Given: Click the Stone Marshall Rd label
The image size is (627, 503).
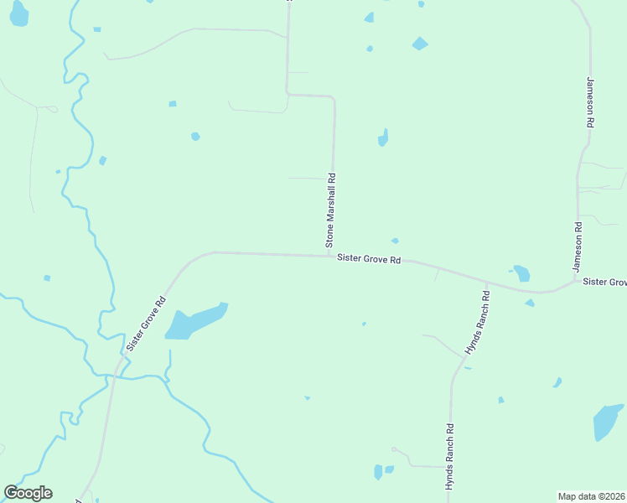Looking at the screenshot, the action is tap(331, 210).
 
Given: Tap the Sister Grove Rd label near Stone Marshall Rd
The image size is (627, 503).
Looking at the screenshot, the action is tap(369, 260).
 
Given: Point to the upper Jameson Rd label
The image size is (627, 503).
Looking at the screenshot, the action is tap(591, 102).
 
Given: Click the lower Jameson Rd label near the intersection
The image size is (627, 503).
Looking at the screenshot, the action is tap(578, 246).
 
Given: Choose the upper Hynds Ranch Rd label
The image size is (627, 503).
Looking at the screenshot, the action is tap(477, 322).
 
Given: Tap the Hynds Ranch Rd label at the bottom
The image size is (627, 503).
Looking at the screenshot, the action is tap(449, 458).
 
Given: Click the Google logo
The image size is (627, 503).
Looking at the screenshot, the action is tap(28, 493).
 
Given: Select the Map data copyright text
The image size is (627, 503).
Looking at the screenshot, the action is tap(591, 496).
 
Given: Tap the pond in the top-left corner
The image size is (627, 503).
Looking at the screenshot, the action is tap(18, 13).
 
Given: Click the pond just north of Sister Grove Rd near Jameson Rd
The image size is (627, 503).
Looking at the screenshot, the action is tap(521, 273).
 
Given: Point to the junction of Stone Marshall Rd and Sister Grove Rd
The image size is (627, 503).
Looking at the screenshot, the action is tap(332, 256).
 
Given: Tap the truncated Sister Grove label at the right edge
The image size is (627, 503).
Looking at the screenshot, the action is tap(604, 283).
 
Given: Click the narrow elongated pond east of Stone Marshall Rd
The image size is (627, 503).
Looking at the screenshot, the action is tap(383, 138).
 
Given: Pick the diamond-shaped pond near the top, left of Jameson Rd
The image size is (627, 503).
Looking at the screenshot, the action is tap(420, 43).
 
